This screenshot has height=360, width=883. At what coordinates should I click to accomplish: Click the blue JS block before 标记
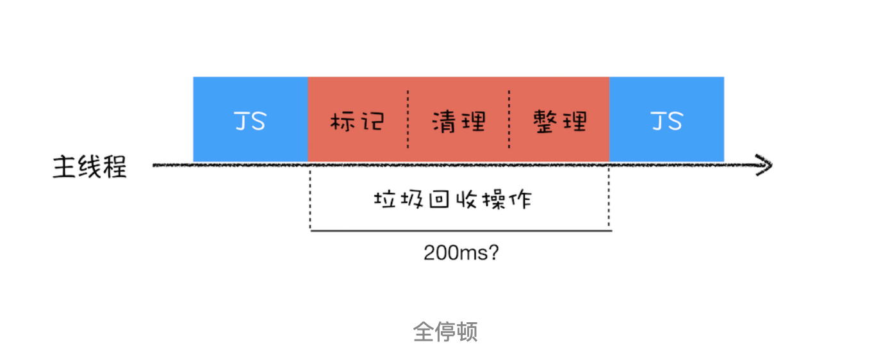coord(250,120)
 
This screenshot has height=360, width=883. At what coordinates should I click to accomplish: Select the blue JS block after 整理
coord(666,120)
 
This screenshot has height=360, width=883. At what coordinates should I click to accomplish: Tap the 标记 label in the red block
coord(357,121)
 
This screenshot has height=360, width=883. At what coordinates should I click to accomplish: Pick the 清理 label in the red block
coord(458,121)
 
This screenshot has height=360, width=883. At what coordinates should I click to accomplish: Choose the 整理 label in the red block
coord(560,121)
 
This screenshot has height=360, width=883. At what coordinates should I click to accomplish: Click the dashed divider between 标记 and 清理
coord(408,120)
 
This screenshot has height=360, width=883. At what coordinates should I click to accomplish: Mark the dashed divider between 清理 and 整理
coord(509,120)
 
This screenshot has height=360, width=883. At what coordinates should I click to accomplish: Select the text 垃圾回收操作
coord(452,200)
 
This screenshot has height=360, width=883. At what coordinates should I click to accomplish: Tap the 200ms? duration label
coord(461,252)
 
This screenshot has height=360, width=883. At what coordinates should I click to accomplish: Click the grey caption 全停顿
coord(445,332)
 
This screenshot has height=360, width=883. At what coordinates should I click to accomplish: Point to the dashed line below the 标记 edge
coord(310,199)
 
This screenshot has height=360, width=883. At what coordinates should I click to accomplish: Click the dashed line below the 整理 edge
coord(609,199)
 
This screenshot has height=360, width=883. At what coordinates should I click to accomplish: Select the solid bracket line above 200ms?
coord(459,230)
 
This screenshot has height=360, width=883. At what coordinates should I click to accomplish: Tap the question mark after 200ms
coord(494,252)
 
